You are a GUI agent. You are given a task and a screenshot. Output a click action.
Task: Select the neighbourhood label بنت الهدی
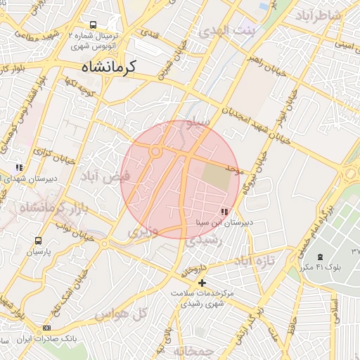(x=229, y=31)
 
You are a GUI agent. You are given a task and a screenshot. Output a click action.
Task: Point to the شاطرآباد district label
(x=318, y=15)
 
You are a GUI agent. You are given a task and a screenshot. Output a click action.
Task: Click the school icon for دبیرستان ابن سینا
(x=224, y=211)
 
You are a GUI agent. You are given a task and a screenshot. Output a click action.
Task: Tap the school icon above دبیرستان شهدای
(x=20, y=168)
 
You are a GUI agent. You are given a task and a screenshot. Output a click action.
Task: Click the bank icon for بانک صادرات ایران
(x=47, y=328)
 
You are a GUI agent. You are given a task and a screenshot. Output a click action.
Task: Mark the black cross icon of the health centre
(x=202, y=282)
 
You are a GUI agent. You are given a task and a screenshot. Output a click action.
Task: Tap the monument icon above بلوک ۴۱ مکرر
(x=321, y=257)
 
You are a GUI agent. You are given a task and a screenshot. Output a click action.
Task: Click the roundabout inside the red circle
(x=155, y=150)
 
